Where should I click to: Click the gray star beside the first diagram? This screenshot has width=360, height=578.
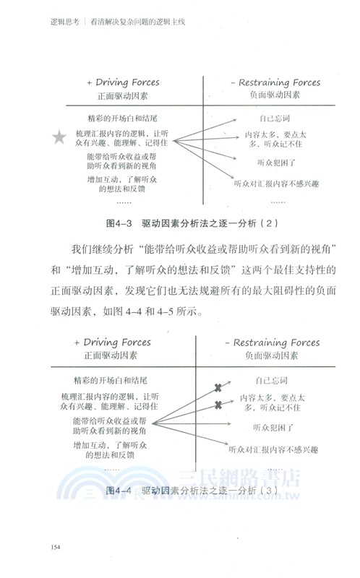point(59,136)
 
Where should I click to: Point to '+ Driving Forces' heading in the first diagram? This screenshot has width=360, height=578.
point(124,82)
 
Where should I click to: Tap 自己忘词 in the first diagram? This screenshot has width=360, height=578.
point(274,116)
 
